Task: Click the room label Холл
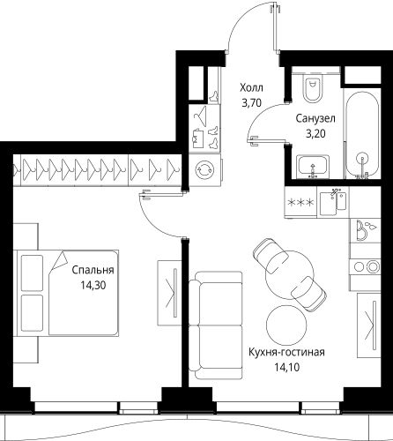[x=251, y=88]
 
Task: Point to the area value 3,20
[x=313, y=135]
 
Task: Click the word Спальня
[x=93, y=272]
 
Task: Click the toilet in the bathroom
[x=310, y=88]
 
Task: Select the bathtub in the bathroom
[x=359, y=132]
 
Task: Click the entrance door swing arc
[x=247, y=31]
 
